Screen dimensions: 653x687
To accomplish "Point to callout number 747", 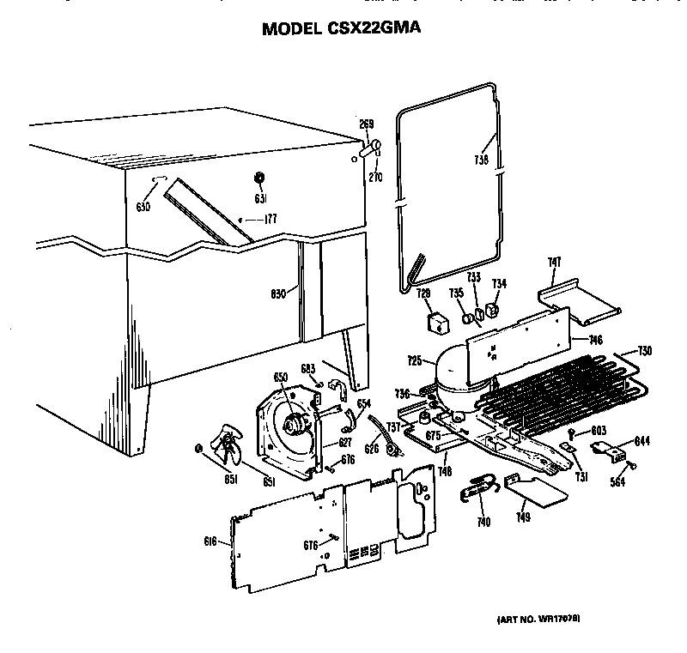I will [554, 263].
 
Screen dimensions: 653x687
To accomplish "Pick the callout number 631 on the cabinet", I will [258, 199].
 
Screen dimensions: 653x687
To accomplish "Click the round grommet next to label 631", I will [258, 178].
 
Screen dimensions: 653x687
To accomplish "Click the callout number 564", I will [617, 482].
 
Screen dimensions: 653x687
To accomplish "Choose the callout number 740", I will [483, 523].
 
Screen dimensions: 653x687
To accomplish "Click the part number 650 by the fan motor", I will [279, 378].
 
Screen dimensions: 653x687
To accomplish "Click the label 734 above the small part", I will [499, 284].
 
